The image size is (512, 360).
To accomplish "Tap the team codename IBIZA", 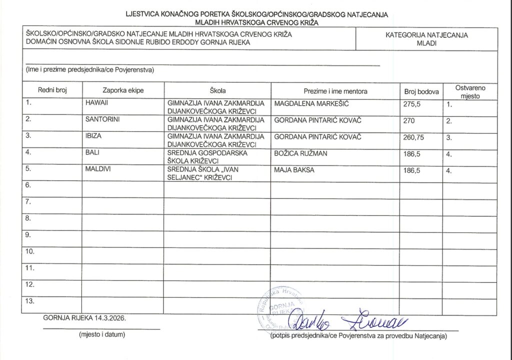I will pyautogui.click(x=93, y=136).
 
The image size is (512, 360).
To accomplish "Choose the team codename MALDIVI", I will pyautogui.click(x=98, y=169).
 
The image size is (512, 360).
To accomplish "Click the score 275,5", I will pyautogui.click(x=413, y=105).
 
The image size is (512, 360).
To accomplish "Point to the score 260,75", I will pyautogui.click(x=415, y=137).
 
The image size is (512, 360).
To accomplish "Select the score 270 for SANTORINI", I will pyautogui.click(x=409, y=121).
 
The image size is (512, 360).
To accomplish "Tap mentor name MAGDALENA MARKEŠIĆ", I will pyautogui.click(x=311, y=103).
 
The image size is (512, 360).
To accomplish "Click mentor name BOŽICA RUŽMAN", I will pyautogui.click(x=300, y=153).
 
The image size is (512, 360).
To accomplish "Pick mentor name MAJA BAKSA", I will pyautogui.click(x=294, y=170).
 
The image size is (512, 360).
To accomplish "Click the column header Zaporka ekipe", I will pyautogui.click(x=123, y=91).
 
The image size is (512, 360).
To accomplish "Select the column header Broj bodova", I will pyautogui.click(x=421, y=91).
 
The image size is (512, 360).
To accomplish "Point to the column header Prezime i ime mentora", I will pyautogui.click(x=335, y=91).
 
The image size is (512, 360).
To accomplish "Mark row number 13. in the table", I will pyautogui.click(x=30, y=301).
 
